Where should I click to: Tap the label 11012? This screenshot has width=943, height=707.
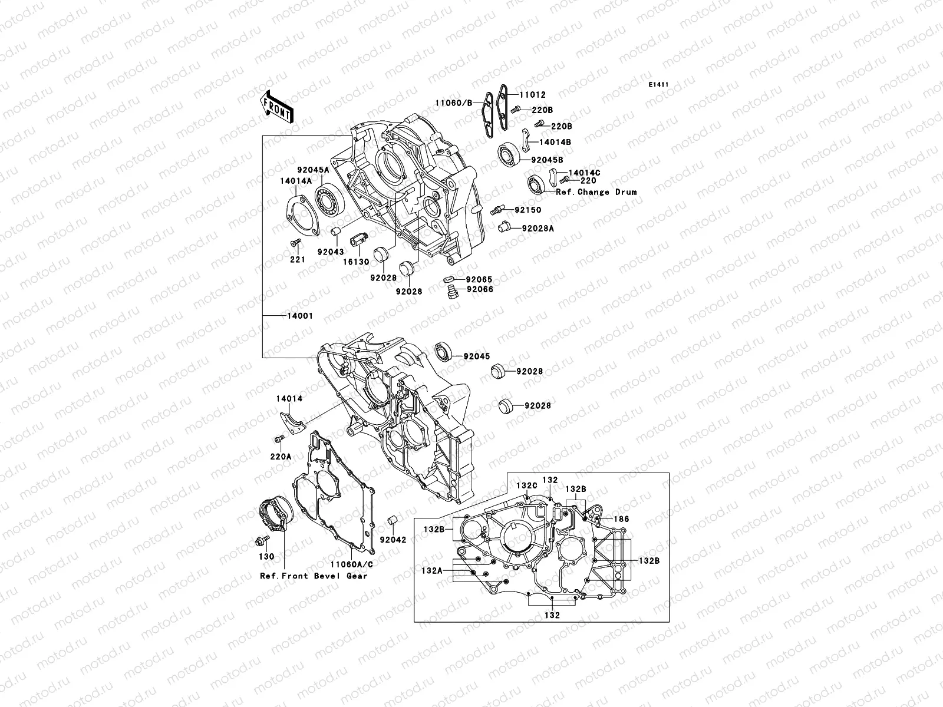point(532,94)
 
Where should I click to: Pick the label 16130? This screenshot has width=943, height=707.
point(357,262)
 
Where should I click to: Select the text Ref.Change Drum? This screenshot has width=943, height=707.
point(596,192)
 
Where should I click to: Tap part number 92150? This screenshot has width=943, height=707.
point(527,210)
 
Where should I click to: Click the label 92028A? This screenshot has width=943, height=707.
point(538,228)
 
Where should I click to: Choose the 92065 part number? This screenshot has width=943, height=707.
point(479,279)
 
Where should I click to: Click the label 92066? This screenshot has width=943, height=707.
point(480,289)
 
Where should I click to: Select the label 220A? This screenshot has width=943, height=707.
point(281,473)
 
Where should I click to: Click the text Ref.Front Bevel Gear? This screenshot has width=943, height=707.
point(314,576)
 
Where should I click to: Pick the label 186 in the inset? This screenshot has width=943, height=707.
point(621,519)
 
